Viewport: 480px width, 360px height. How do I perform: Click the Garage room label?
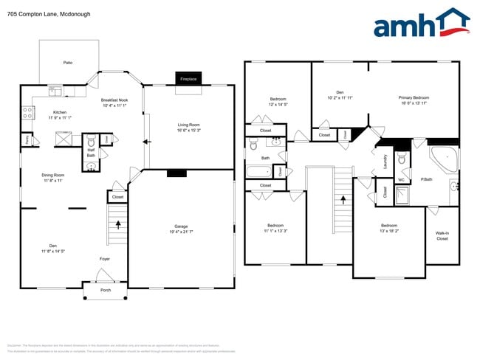click(x=182, y=229)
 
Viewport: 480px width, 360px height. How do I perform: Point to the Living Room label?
click(x=189, y=127)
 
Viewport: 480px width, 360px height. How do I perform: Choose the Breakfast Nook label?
click(x=114, y=102)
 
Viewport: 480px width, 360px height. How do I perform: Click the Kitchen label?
click(x=59, y=114)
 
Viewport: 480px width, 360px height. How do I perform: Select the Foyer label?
click(x=105, y=259)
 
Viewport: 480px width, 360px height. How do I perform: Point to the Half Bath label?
click(x=91, y=153)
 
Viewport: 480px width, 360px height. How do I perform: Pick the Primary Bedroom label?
click(x=414, y=100)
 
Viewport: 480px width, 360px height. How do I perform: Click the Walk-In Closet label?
click(x=442, y=237)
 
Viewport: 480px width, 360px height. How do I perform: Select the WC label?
click(x=401, y=179)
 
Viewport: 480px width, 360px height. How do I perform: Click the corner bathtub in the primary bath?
click(x=445, y=159)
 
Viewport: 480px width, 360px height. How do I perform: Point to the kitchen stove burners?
click(x=29, y=113)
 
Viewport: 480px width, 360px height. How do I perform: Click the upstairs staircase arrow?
click(x=343, y=200)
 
